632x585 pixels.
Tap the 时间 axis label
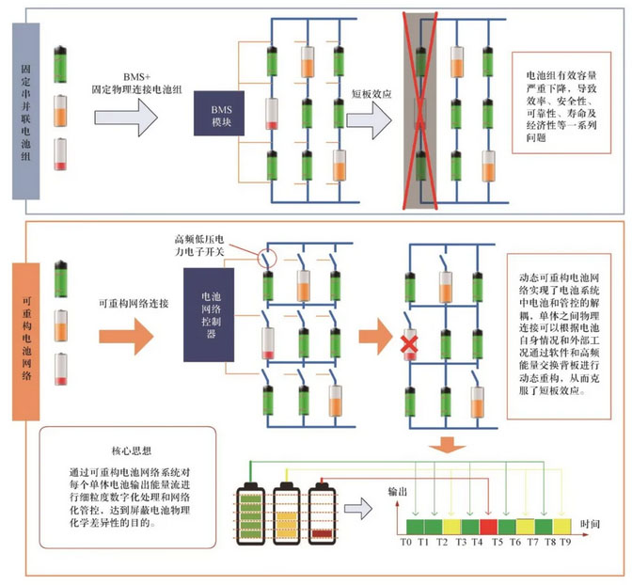coord(591,521)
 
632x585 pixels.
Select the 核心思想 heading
coord(124,452)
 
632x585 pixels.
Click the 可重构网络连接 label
coord(133,306)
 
